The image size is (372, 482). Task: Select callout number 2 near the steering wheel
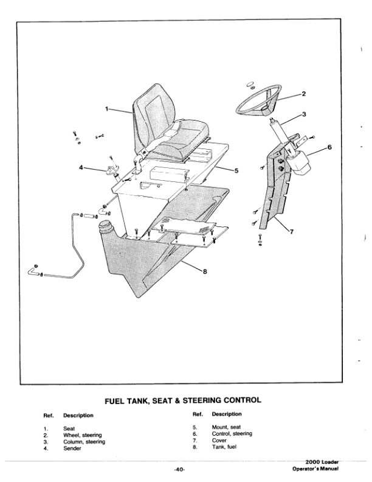point(303,93)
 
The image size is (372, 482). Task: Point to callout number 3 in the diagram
point(303,114)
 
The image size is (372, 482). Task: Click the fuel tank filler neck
point(107,230)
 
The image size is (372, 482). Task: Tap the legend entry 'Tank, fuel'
point(225,448)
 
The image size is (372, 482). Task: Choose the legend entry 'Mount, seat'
point(227,428)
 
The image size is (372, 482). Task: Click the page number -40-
point(179,469)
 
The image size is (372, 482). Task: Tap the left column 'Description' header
point(78,416)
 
